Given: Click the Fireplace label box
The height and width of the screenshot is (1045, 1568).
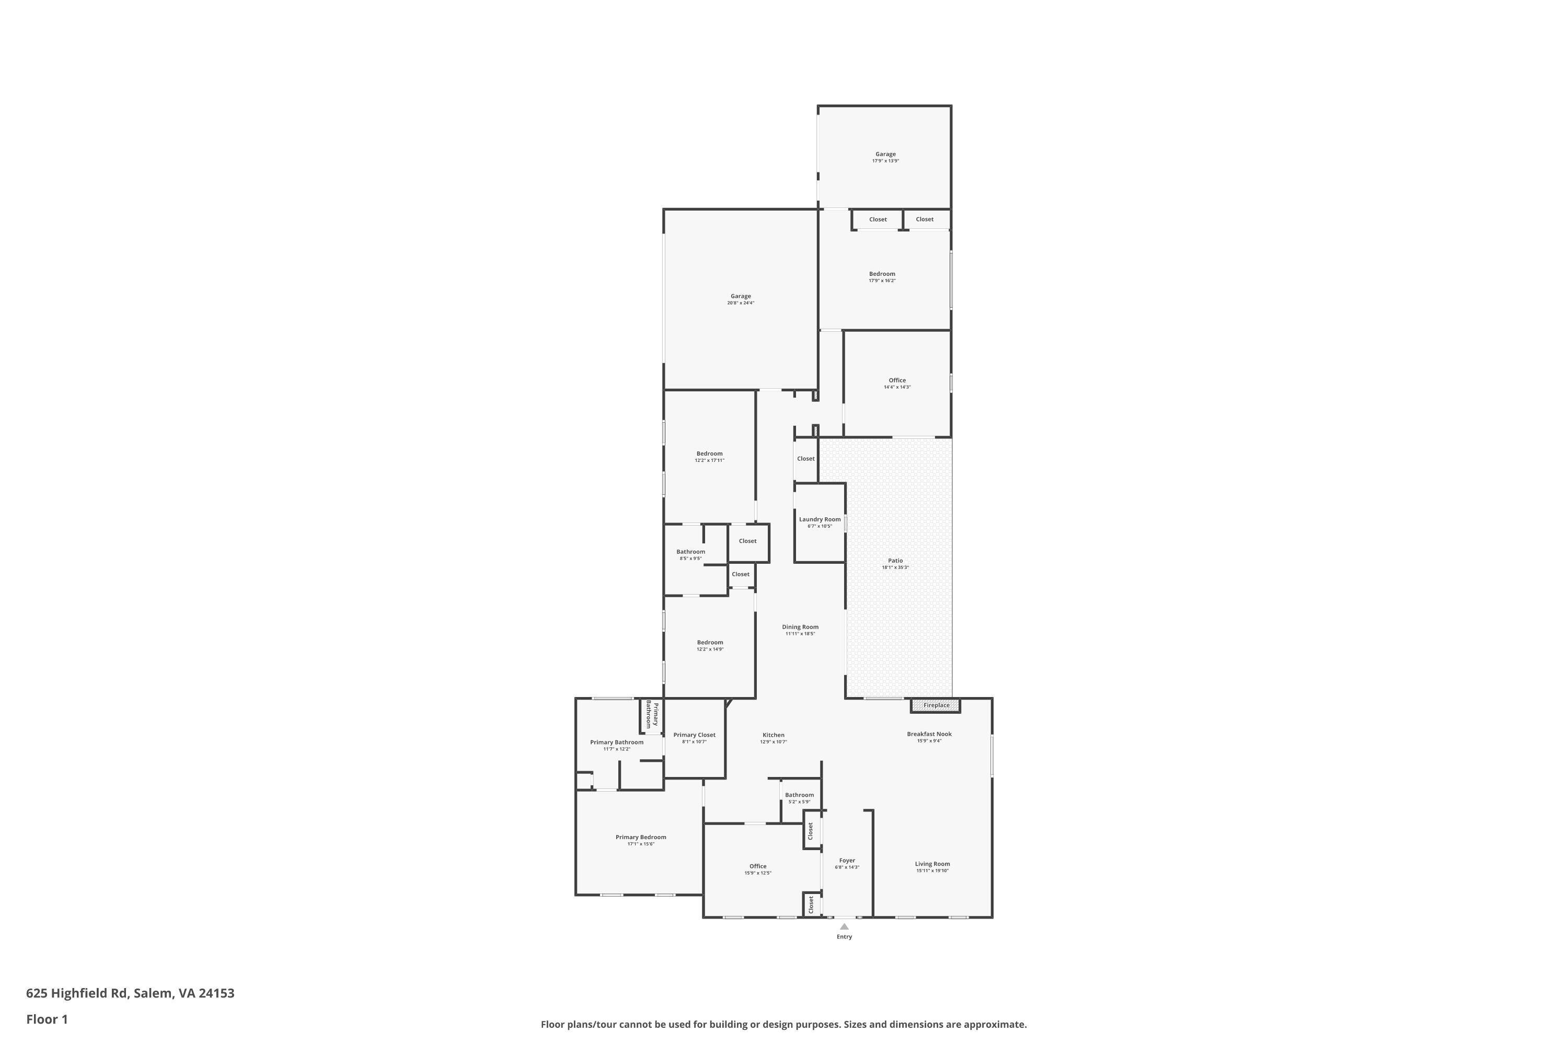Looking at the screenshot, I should (936, 705).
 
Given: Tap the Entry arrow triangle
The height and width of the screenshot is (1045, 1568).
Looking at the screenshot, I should (844, 926).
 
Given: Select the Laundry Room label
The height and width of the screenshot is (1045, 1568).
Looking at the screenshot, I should (820, 519).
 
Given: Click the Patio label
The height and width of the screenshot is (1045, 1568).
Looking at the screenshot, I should (895, 561).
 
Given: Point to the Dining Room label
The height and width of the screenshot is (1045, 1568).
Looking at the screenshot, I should (800, 626).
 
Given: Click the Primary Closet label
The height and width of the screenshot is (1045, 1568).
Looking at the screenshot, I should (694, 735).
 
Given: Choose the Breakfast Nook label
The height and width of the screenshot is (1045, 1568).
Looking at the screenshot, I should (929, 734).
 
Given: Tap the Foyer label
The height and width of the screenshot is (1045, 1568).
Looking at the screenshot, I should (847, 861).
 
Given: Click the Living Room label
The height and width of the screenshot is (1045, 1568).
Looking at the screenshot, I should (932, 864).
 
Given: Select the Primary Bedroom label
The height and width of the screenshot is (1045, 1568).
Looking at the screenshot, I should (641, 837).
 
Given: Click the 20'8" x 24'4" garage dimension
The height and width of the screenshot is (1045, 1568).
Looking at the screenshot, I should (741, 303).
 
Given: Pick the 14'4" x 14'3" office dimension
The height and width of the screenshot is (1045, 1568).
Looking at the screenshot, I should (897, 387).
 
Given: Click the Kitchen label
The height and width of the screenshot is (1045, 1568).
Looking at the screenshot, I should (774, 735).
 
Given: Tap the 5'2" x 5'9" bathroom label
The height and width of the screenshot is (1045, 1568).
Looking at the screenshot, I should (799, 802).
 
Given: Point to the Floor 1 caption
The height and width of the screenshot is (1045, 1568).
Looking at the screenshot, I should (47, 1019).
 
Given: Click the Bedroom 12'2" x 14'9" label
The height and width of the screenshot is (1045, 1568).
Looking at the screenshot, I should (710, 643).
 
